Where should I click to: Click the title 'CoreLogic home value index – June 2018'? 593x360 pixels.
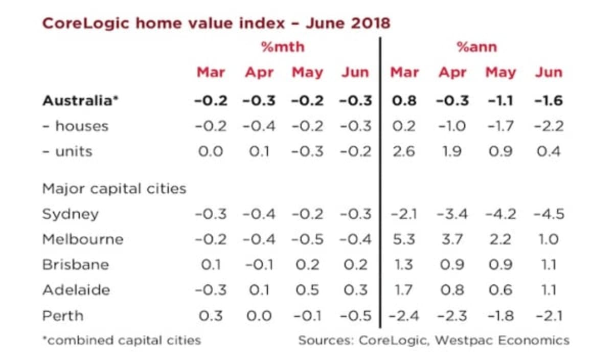216,23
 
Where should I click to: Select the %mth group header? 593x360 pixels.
282,47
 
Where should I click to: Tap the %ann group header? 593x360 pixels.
476,47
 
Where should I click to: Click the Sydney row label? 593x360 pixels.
71,214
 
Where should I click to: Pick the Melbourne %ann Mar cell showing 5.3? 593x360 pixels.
404,239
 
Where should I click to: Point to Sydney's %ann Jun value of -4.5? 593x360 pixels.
549,214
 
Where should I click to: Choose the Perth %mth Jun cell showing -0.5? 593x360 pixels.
355,316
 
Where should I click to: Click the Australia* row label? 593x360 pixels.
80,101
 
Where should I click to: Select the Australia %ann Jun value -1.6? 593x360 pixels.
549,101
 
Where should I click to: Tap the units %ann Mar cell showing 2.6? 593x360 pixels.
404,151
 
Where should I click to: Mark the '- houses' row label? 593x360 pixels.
75,126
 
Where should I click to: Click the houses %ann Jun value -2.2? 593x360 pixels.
549,126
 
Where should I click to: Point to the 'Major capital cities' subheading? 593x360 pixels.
114,189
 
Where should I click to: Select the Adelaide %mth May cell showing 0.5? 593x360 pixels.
307,290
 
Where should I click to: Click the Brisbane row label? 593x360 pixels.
75,265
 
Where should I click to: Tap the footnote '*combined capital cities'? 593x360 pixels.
122,340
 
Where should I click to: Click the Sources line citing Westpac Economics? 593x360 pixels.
434,340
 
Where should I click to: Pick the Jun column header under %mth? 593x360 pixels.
355,73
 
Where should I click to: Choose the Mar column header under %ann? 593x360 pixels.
404,73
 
